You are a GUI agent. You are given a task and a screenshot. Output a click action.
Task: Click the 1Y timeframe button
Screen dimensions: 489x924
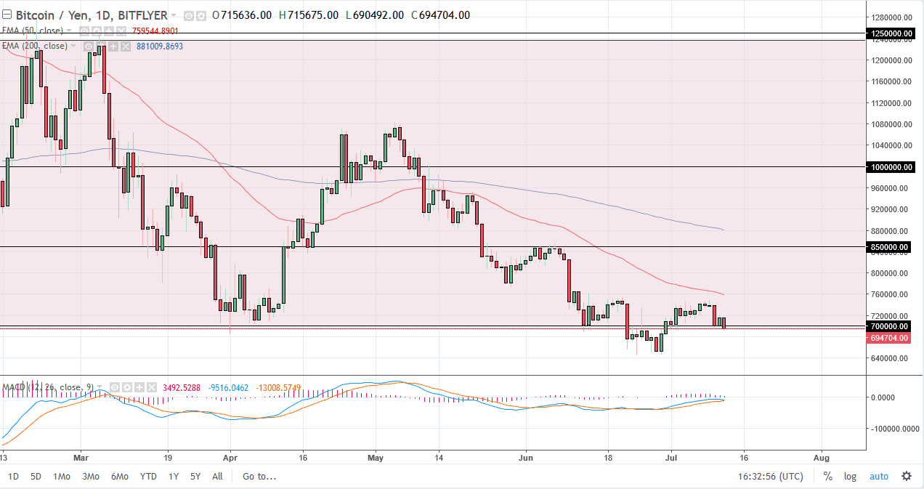pyautogui.click(x=173, y=477)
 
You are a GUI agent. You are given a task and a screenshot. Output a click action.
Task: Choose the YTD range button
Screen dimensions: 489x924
pyautogui.click(x=148, y=477)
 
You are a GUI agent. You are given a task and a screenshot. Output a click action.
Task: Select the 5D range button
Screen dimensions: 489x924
pyautogui.click(x=36, y=477)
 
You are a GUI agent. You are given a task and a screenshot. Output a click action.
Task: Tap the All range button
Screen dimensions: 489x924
pyautogui.click(x=217, y=477)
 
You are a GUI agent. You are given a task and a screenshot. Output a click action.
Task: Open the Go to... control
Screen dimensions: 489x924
pyautogui.click(x=259, y=477)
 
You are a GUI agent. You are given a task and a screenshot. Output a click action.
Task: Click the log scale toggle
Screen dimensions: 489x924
pyautogui.click(x=850, y=477)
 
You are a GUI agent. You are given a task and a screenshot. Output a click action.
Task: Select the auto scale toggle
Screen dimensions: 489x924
pyautogui.click(x=878, y=477)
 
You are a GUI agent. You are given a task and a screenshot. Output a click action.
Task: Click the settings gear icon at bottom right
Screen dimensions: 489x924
pyautogui.click(x=907, y=477)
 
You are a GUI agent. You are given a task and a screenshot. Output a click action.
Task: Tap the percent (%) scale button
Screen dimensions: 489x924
pyautogui.click(x=827, y=477)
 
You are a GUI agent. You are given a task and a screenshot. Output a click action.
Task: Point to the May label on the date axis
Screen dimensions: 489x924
pyautogui.click(x=375, y=458)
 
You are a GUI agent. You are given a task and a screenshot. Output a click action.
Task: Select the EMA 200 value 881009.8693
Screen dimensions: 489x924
pyautogui.click(x=160, y=46)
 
